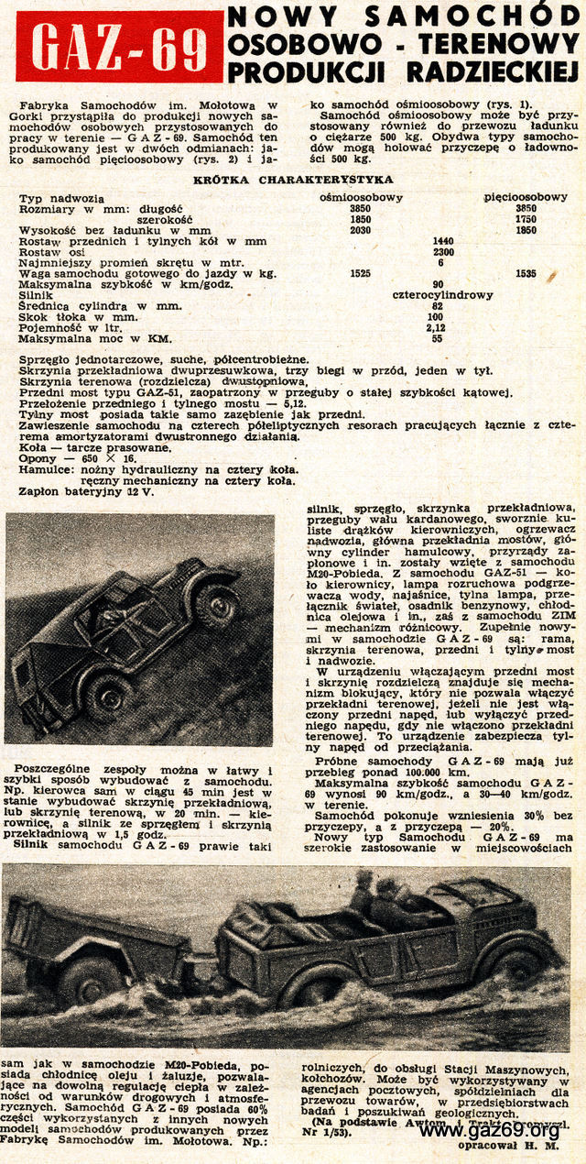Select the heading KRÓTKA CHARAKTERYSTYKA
coord(293,180)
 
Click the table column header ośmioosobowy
coord(361,197)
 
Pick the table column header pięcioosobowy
coord(526,197)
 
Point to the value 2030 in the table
coord(361,230)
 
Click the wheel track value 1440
coord(443,241)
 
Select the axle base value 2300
coord(443,252)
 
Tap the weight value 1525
coord(361,273)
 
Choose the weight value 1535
coord(526,273)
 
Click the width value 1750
coord(526,220)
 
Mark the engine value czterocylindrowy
coord(443,295)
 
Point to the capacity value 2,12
coord(437,327)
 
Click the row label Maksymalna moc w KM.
coord(77,338)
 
